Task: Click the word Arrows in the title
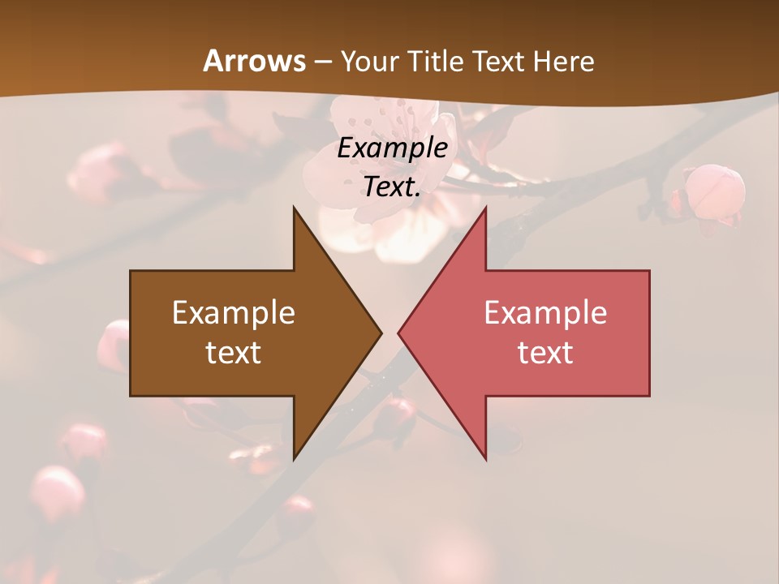point(254,61)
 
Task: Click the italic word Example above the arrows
point(393,148)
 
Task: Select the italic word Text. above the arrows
point(393,187)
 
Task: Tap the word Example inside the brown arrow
point(234,313)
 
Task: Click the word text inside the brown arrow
point(234,352)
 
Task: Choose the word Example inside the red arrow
point(545,313)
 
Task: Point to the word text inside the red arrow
point(545,352)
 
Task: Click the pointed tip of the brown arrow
point(381,333)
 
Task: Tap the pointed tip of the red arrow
point(399,333)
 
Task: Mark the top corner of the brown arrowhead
point(294,208)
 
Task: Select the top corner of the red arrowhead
point(485,208)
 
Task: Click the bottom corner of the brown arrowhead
point(294,458)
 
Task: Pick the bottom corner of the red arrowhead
point(485,458)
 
